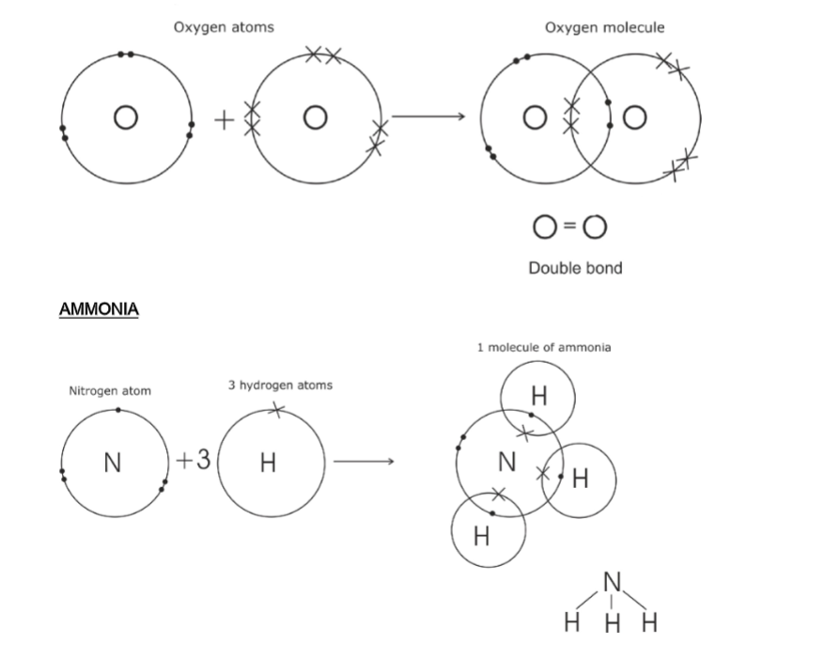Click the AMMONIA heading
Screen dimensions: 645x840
pos(98,308)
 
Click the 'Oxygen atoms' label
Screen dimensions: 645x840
pos(224,27)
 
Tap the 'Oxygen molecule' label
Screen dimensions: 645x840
pos(604,27)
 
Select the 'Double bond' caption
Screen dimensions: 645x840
pos(575,268)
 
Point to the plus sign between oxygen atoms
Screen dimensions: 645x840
pos(223,119)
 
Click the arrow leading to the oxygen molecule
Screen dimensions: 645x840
pos(428,117)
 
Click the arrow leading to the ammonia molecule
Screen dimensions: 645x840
pos(362,462)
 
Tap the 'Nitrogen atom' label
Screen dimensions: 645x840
pos(110,390)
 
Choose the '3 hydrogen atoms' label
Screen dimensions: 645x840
pos(280,385)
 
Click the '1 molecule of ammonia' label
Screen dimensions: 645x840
pos(544,347)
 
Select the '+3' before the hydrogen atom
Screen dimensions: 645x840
pos(194,461)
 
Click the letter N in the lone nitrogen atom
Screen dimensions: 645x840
pos(113,463)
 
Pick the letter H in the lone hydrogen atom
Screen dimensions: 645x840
pos(269,463)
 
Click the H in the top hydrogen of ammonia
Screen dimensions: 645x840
pos(537,397)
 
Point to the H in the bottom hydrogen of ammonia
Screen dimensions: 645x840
pos(482,536)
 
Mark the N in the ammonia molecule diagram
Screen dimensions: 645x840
pos(507,461)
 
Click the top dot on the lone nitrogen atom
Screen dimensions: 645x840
pos(117,410)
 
